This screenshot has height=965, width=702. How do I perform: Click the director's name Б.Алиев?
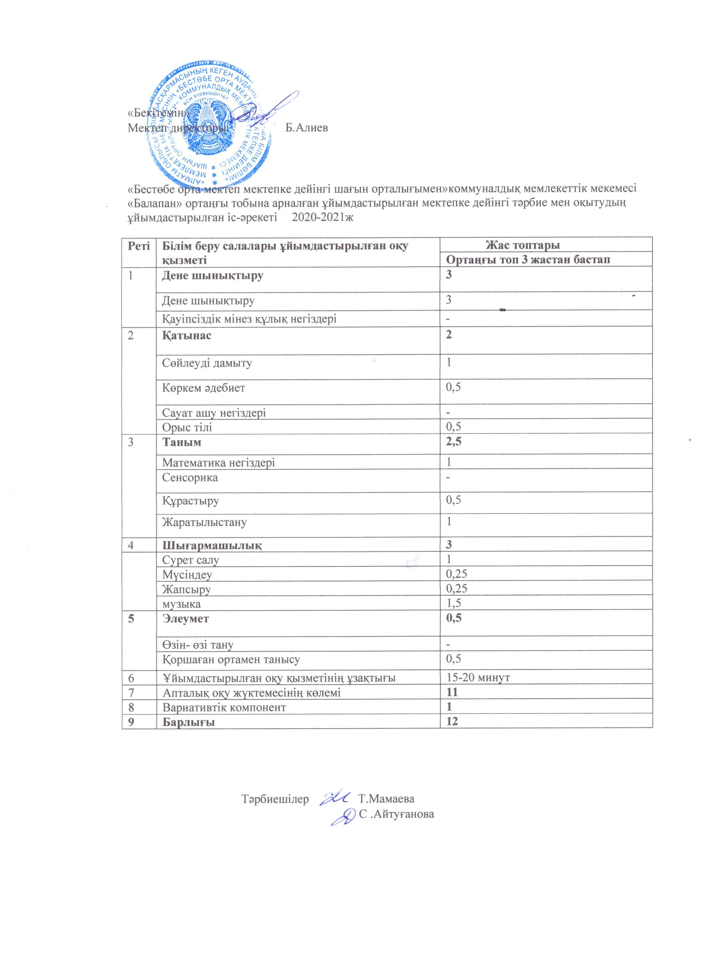(x=306, y=128)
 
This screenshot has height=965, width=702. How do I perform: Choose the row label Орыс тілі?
(x=187, y=427)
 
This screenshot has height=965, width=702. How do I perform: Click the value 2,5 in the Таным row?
(x=454, y=442)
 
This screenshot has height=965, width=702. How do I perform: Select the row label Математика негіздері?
(x=218, y=462)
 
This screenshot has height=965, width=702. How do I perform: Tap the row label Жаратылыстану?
(x=204, y=522)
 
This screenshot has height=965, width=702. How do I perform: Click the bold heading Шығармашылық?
(x=212, y=545)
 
